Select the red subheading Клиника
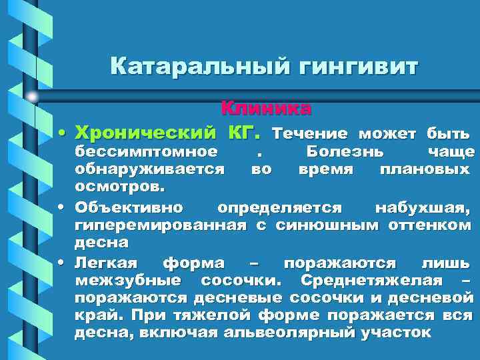[266, 107]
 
